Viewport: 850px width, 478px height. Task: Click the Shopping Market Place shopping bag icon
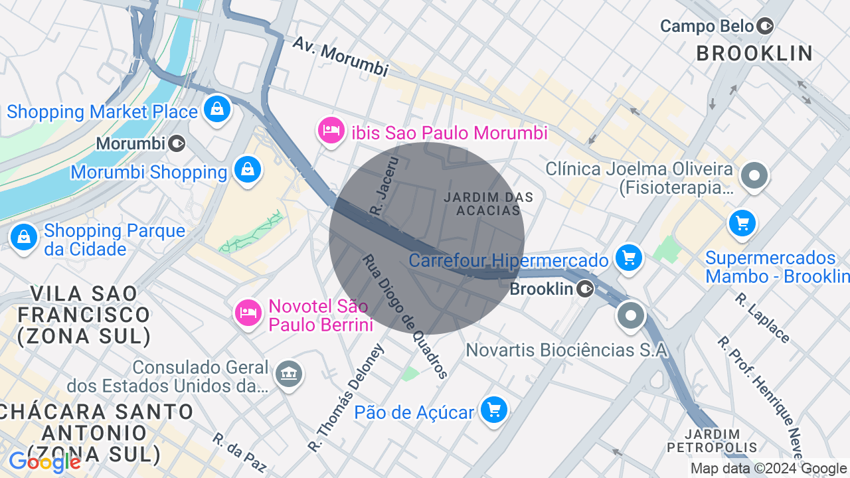point(216,109)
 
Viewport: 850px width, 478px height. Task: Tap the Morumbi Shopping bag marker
point(248,170)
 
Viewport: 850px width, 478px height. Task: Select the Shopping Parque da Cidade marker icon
point(24,236)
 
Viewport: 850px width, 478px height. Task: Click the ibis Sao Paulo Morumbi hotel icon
point(330,131)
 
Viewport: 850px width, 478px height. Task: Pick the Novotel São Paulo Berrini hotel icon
point(248,311)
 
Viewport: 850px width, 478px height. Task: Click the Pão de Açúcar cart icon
point(493,410)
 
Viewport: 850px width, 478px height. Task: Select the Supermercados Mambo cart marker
point(742,223)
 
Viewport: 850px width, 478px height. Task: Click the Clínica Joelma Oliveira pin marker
point(754,176)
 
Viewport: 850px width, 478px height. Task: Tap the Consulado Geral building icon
point(289,374)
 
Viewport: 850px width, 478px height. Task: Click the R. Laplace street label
point(762,318)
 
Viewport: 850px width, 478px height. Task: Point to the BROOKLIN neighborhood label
point(754,54)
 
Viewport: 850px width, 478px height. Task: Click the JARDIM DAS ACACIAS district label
point(489,204)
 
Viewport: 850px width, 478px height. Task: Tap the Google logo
point(44,462)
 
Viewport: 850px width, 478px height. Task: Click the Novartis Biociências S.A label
point(566,350)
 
